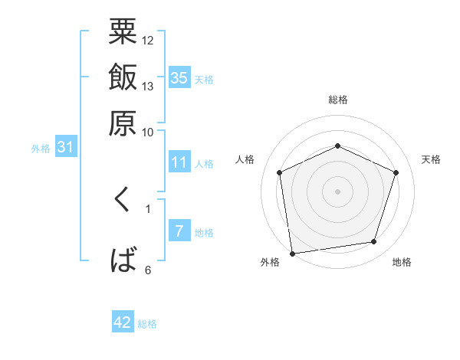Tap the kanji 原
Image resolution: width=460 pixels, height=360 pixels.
(123, 123)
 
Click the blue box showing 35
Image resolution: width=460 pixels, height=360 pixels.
(179, 77)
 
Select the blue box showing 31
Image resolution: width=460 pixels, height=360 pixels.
(65, 147)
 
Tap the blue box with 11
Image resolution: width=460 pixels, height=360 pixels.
(179, 162)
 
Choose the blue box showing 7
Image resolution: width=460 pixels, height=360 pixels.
(179, 231)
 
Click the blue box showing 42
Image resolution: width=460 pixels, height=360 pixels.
(123, 322)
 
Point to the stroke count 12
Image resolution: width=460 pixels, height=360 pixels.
(148, 40)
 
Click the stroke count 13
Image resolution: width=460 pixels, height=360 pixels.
(148, 86)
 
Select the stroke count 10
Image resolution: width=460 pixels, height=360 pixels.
(148, 132)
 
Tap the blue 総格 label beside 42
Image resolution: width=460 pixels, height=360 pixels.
(147, 324)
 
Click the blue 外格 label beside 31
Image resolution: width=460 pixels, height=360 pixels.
(41, 149)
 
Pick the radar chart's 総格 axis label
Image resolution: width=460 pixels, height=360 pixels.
(337, 100)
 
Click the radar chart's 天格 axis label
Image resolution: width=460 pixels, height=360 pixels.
(431, 159)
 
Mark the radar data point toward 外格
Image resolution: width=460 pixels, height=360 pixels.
(291, 253)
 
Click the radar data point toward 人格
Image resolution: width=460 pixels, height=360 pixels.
(279, 172)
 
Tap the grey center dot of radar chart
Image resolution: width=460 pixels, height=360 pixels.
(337, 191)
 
